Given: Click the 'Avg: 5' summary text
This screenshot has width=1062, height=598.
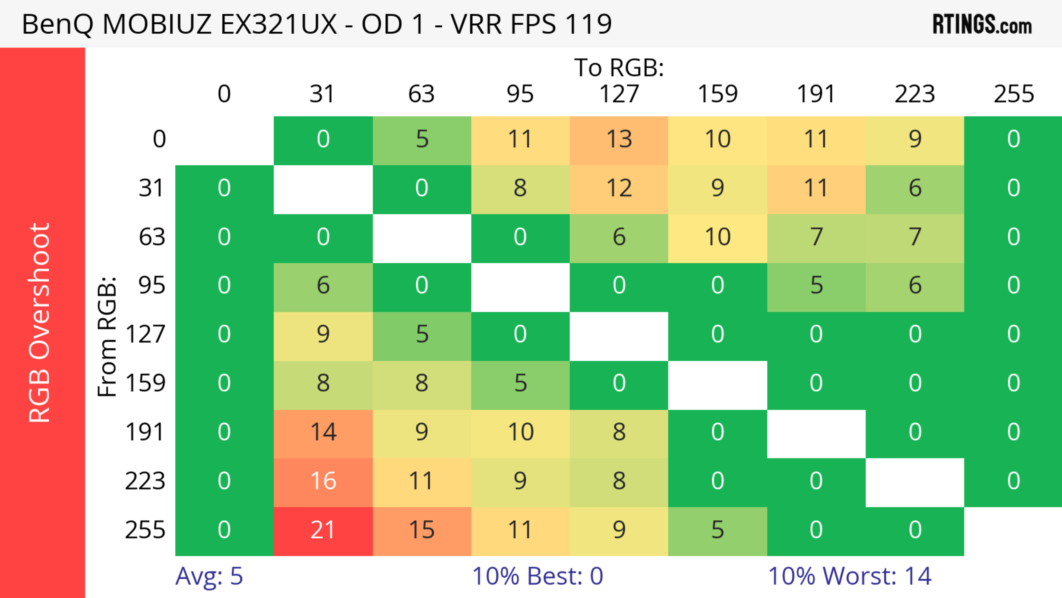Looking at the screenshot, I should [x=209, y=576].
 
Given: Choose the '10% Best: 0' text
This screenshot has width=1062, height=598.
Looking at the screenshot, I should [x=537, y=576].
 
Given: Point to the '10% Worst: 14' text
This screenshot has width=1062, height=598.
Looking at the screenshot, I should [x=849, y=576].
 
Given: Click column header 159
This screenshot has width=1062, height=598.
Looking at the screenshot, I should [x=717, y=94].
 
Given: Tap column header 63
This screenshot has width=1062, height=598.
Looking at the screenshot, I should [x=421, y=94].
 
